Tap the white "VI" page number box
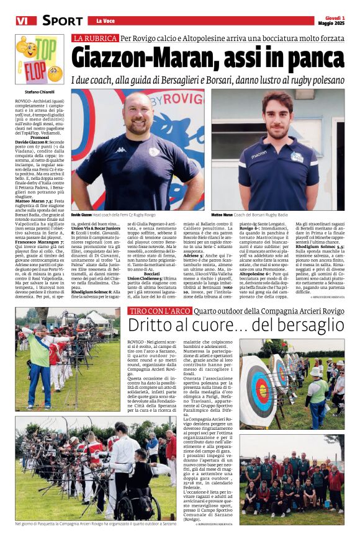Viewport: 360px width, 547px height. [x=22, y=21]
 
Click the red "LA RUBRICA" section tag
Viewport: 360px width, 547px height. [x=94, y=38]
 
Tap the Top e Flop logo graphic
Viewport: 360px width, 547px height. [x=38, y=59]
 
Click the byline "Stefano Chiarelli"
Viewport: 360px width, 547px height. [x=31, y=91]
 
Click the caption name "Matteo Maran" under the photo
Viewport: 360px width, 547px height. [x=222, y=214]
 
